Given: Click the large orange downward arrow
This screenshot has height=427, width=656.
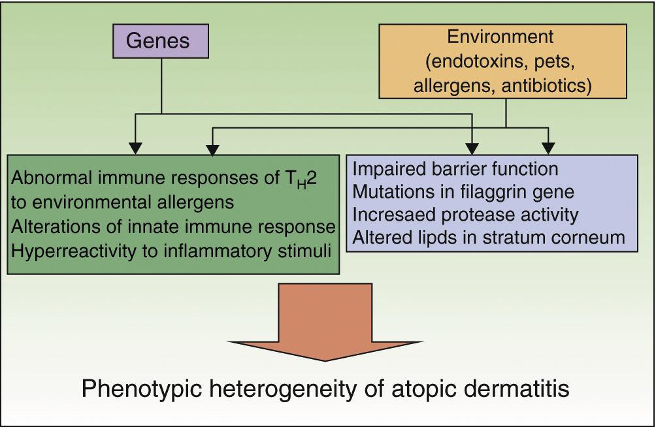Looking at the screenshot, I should point(325,321).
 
